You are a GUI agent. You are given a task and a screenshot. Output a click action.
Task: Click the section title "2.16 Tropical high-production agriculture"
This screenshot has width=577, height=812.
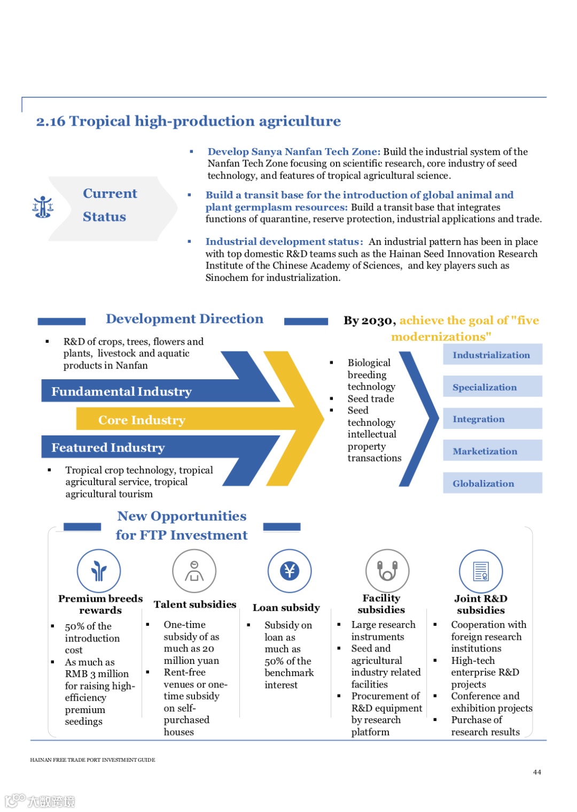188,121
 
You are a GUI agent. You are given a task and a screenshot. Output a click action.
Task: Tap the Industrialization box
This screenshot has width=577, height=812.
492,355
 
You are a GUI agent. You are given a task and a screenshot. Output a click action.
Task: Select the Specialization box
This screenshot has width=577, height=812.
492,387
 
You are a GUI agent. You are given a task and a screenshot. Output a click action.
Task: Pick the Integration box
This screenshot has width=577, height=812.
492,419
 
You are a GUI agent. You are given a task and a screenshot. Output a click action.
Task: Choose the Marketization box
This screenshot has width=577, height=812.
492,451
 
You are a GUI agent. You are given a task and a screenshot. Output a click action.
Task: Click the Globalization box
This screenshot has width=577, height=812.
492,483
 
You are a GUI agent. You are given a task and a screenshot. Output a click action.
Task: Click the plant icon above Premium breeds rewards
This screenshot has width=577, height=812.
99,571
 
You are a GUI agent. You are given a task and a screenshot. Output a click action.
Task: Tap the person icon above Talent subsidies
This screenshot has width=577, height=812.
194,571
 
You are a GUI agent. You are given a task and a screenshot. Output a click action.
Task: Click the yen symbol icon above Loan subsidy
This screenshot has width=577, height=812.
290,571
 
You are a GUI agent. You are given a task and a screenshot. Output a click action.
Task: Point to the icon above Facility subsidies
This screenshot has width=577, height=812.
387,571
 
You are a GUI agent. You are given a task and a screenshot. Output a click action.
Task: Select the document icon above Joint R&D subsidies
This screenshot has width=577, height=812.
481,571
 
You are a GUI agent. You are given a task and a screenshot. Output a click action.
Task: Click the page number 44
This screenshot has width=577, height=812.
537,772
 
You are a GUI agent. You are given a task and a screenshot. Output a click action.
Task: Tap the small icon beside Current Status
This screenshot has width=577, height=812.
43,207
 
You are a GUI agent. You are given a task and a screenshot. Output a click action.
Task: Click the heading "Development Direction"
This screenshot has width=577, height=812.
184,319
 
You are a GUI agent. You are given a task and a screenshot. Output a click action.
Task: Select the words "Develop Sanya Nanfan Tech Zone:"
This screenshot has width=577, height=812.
294,151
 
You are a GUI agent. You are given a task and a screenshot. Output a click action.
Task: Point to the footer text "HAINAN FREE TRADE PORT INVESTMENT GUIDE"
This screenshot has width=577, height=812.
92,760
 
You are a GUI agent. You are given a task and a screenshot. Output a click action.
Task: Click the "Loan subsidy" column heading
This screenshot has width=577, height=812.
286,608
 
